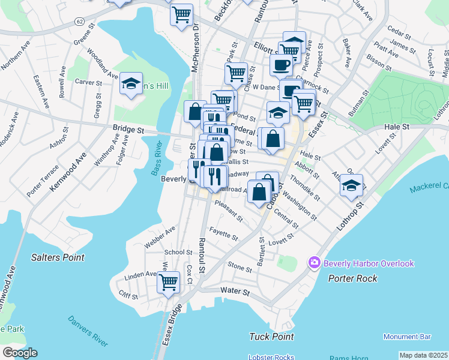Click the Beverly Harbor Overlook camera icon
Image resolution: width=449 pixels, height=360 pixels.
point(314,263)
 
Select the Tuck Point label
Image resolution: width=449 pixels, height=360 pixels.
point(271,337)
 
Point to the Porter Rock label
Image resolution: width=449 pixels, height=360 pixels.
point(353,278)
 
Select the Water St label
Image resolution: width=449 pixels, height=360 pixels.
point(235,291)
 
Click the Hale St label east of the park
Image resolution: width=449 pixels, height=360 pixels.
point(397,127)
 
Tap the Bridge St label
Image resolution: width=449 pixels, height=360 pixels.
point(129,128)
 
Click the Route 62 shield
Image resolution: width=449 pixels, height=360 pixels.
point(79,21)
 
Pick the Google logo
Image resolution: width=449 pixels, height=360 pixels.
point(20,353)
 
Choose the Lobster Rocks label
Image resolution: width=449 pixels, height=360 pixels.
point(271,357)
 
